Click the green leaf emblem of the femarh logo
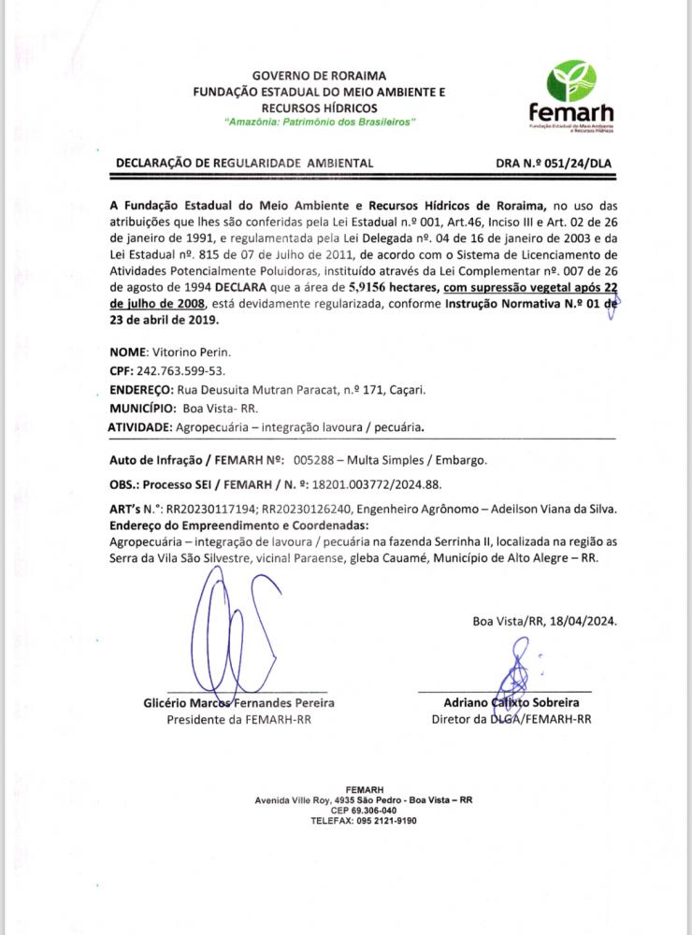click(570, 79)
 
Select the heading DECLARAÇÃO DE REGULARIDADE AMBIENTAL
click(244, 163)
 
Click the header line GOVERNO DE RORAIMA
click(320, 75)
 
